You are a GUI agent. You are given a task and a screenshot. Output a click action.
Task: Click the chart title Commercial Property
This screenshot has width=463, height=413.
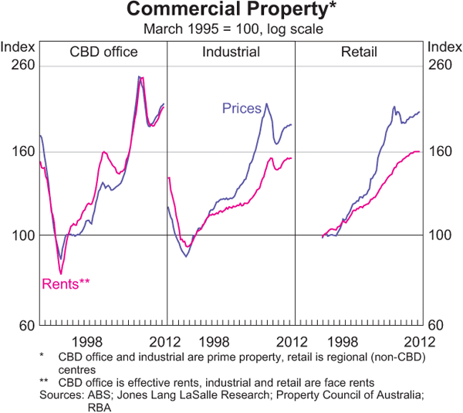231,10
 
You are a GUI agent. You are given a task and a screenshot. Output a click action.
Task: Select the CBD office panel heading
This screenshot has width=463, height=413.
103,52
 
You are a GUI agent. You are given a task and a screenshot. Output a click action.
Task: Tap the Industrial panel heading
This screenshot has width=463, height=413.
231,52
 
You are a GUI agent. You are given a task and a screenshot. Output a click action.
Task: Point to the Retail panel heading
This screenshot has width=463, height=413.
359,52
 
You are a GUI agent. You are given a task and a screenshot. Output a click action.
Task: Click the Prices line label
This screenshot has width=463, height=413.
242,108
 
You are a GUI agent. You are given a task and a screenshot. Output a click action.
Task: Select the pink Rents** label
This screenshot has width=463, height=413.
65,283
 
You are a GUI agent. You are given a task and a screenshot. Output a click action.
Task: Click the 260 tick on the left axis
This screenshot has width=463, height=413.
22,65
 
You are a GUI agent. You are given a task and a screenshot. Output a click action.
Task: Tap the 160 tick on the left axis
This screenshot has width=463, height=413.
22,151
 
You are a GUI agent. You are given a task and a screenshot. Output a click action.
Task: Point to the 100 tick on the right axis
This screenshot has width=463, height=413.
440,235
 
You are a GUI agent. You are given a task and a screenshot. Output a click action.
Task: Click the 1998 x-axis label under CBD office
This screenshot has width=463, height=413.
87,341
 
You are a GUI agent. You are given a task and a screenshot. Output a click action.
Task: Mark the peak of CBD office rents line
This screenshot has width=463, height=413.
142,78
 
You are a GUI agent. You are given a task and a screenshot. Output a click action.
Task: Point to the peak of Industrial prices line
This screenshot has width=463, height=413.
267,104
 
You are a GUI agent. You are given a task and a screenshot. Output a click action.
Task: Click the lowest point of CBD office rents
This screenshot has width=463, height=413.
61,273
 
